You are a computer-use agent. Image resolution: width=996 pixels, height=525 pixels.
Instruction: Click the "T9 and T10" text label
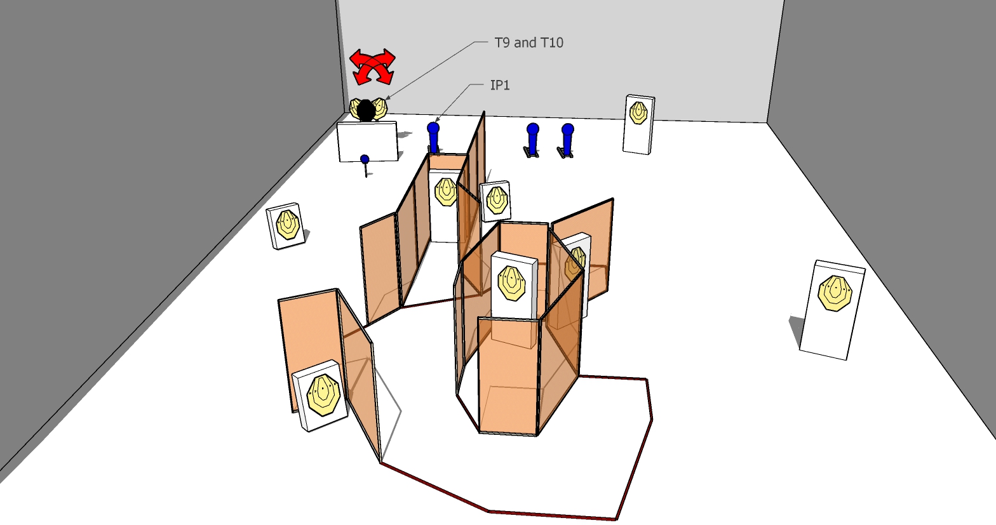click(x=528, y=43)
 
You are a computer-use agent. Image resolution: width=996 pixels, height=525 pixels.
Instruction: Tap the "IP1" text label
click(x=500, y=85)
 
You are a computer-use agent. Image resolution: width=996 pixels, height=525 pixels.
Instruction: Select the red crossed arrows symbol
click(x=373, y=67)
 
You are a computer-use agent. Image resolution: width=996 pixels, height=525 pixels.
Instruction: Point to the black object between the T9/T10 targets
click(x=366, y=110)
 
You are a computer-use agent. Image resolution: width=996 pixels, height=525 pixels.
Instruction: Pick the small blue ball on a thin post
click(x=365, y=159)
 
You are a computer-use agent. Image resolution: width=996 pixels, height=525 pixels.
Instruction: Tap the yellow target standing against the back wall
click(x=638, y=113)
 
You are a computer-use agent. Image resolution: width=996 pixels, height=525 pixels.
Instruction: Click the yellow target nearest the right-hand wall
click(x=834, y=293)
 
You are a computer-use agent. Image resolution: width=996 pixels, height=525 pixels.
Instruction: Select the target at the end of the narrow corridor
click(x=446, y=191)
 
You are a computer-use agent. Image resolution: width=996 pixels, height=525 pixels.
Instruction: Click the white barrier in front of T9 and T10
click(x=368, y=142)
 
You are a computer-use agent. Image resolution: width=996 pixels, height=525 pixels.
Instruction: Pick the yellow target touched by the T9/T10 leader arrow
click(x=380, y=108)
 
